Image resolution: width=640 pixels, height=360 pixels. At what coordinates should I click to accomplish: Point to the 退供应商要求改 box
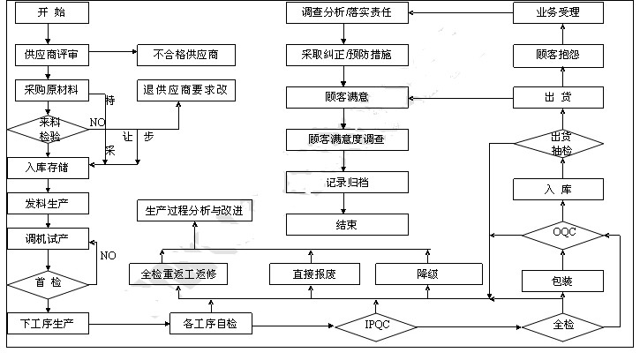[187, 89]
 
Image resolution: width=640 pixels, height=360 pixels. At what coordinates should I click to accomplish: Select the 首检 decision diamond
[49, 282]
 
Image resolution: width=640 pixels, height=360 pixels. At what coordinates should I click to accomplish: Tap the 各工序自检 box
[210, 324]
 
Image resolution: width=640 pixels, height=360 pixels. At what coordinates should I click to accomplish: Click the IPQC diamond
[377, 326]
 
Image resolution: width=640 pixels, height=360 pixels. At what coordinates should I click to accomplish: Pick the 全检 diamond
[562, 325]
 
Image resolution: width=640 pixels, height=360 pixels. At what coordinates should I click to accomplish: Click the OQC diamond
[562, 234]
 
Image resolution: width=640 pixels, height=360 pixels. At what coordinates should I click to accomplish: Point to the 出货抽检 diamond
[560, 143]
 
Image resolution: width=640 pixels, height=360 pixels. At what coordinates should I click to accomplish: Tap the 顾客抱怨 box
[558, 55]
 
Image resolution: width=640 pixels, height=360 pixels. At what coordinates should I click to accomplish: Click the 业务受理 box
[558, 13]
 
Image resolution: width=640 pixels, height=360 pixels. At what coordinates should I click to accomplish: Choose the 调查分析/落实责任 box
[347, 13]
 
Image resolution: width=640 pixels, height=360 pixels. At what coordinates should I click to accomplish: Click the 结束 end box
[347, 224]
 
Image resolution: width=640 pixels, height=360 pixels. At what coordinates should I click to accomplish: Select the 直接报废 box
[314, 274]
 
